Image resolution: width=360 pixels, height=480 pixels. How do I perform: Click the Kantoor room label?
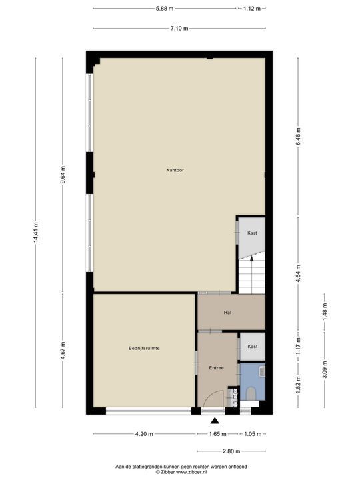[x=175, y=170]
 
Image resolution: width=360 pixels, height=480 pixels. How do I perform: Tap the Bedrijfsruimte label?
[x=143, y=348]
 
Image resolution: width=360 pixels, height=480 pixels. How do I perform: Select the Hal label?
[x=227, y=312]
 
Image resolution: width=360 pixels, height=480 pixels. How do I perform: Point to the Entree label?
[x=216, y=367]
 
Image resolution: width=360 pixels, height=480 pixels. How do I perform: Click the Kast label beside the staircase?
[x=252, y=233]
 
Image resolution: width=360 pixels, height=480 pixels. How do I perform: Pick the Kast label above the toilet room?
[x=252, y=347]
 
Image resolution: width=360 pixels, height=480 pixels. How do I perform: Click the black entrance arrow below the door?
[x=215, y=421]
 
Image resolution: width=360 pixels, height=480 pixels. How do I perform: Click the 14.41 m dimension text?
[x=35, y=234]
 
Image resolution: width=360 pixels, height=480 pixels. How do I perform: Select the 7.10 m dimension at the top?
[x=179, y=28]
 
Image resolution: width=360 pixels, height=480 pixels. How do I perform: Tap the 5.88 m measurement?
[x=165, y=9]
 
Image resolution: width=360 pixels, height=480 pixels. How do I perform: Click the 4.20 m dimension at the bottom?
[x=144, y=434]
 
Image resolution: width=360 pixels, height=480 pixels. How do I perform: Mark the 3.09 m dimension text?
[x=325, y=369]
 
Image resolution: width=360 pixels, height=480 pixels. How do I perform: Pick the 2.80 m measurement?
[x=231, y=449]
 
